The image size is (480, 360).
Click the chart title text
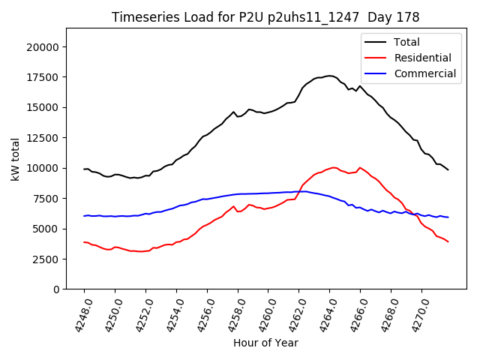pos(265,16)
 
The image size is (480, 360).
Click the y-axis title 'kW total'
pos(15,159)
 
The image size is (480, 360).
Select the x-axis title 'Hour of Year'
pos(265,343)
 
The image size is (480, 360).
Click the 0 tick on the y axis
pos(57,289)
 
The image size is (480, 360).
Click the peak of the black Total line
pos(330,76)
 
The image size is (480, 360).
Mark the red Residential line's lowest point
pos(140,251)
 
